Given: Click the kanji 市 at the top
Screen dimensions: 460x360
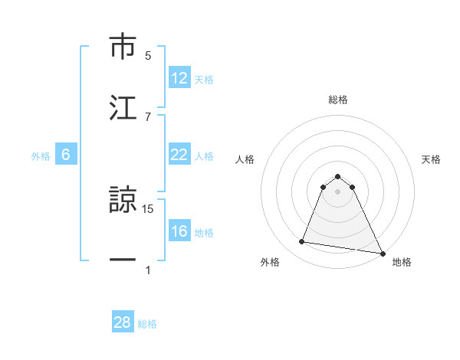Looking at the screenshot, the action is click(123, 47).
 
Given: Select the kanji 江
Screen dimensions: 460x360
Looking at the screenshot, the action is click(123, 106).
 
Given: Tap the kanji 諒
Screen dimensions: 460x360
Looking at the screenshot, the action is click(123, 201).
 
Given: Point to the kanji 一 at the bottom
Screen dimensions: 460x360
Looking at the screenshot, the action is click(123, 260).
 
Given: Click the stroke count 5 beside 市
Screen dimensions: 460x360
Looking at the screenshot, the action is click(148, 55).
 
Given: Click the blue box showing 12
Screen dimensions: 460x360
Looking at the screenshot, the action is click(179, 78).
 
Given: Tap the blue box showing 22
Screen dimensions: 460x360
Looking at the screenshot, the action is click(179, 155).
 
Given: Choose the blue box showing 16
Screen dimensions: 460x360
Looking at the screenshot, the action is click(179, 231).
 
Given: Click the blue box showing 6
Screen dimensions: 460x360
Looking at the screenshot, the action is click(66, 155).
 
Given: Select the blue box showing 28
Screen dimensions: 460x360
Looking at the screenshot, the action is click(123, 322).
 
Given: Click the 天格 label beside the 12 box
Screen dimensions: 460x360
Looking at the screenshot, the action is click(204, 79).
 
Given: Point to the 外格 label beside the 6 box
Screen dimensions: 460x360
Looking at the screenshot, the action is click(41, 155).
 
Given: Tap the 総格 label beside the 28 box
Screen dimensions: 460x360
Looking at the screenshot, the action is click(147, 323).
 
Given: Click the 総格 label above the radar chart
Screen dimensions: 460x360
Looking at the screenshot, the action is click(338, 100).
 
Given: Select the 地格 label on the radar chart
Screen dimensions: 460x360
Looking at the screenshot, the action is click(402, 262).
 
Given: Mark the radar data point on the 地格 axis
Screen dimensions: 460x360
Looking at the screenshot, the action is click(382, 253).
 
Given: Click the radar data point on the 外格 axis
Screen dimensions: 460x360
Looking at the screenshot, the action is click(301, 242).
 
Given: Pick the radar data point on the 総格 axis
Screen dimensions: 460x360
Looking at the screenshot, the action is click(338, 176).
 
